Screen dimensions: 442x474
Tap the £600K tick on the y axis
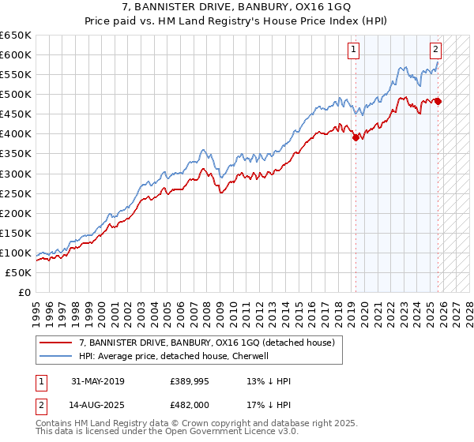click(x=16, y=54)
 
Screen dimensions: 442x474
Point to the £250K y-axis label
click(x=16, y=193)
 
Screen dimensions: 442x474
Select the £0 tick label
click(x=23, y=292)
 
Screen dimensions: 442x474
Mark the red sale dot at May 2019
click(x=355, y=137)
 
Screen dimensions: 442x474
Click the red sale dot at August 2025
click(x=438, y=101)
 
